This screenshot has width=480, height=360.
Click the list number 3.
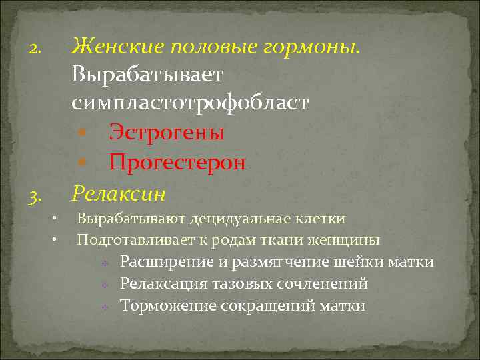pos(35,197)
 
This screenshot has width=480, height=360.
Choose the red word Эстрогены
pos(167,132)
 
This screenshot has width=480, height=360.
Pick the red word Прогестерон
pos(177,162)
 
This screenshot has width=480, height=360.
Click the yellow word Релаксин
pos(119,193)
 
